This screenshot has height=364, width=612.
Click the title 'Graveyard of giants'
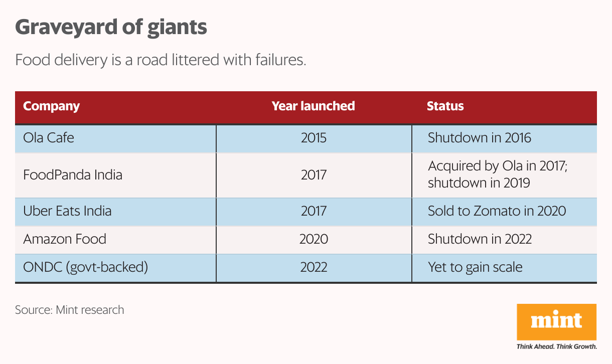[x=111, y=28]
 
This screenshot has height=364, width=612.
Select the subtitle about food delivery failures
[x=160, y=60]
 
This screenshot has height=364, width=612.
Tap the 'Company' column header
[x=52, y=106]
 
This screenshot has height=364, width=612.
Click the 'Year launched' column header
[x=313, y=106]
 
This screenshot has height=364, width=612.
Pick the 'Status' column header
[x=445, y=106]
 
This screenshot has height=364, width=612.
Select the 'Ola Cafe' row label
[x=49, y=138]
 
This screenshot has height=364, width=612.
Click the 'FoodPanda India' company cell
[x=73, y=175]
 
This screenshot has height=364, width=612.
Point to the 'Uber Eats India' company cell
[x=67, y=211]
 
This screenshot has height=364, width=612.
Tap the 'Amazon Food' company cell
[x=65, y=239]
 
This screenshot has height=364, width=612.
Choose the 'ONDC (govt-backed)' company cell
[x=85, y=267]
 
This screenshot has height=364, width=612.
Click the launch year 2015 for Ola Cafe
[x=314, y=138]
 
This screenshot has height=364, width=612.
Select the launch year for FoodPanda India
[x=314, y=175]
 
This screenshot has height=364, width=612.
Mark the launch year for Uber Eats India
[x=314, y=211]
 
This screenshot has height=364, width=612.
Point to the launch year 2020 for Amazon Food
[x=314, y=239]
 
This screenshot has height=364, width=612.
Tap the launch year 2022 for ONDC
[x=314, y=267]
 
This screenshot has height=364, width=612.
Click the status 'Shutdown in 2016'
[x=479, y=138]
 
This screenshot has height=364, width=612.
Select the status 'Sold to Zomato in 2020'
[x=497, y=211]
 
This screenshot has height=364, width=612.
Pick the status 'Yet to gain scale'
[x=475, y=267]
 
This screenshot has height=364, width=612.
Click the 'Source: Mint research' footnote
[x=69, y=310]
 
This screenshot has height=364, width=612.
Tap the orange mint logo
[x=556, y=321]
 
